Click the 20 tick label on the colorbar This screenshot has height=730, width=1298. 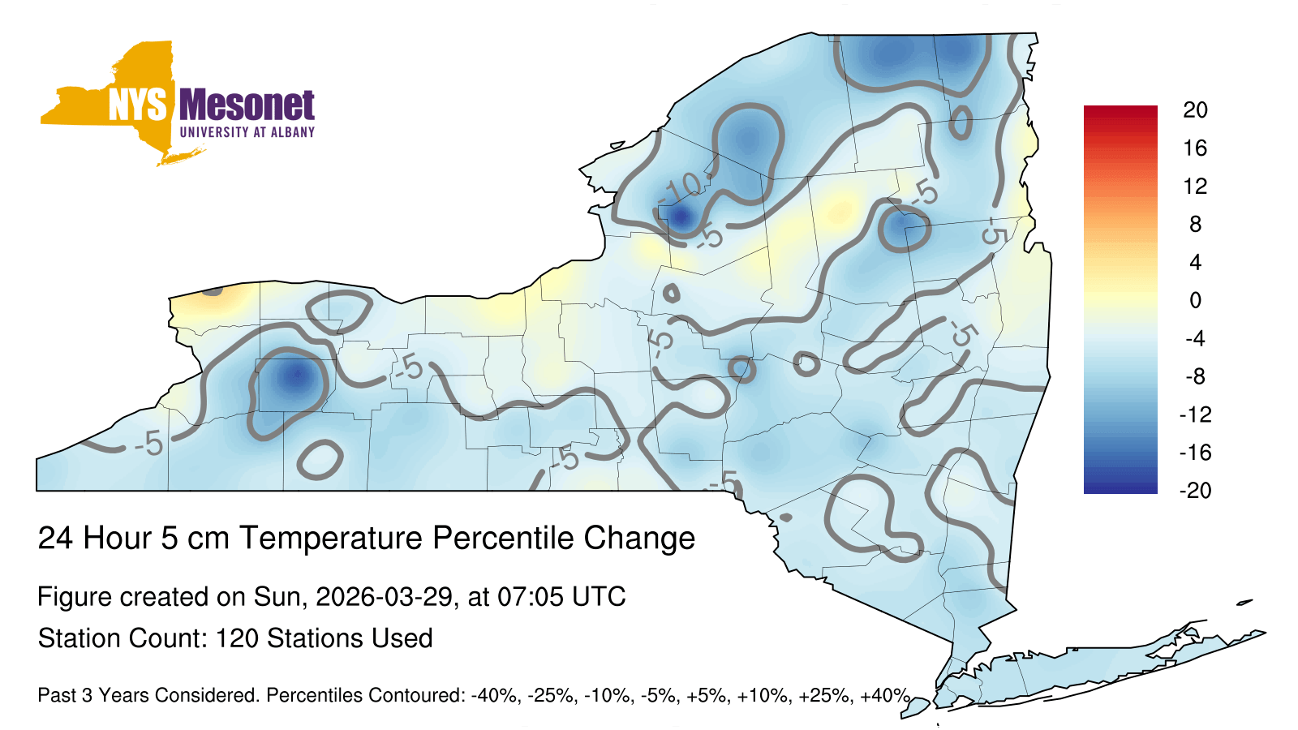point(1196,110)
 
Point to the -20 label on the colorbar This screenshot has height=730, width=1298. point(1196,491)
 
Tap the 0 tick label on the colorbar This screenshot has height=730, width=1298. point(1196,300)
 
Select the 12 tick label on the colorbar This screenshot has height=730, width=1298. point(1196,186)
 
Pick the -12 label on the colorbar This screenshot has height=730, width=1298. point(1196,414)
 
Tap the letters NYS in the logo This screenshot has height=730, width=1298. point(138,105)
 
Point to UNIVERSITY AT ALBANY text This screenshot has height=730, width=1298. point(247,132)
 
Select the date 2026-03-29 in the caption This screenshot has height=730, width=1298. point(385,597)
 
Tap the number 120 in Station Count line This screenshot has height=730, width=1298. point(237,638)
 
